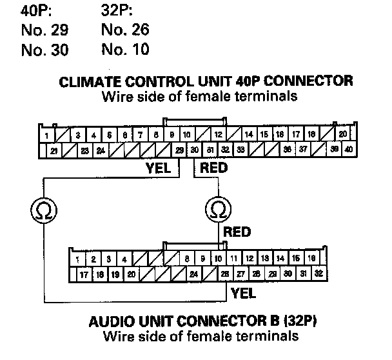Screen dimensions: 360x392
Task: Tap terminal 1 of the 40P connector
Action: point(48,135)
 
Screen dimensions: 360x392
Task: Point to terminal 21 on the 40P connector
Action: point(55,150)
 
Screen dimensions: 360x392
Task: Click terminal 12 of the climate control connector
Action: point(219,135)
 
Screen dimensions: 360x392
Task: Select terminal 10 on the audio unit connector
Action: point(219,259)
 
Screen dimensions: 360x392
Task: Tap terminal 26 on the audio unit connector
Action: point(225,273)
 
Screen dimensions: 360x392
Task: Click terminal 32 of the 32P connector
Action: point(318,273)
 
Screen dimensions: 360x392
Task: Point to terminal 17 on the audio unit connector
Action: point(84,273)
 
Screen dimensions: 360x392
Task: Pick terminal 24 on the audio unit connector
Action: point(193,273)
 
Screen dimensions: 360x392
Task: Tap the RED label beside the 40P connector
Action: point(214,168)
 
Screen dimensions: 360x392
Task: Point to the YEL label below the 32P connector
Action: point(243,293)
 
